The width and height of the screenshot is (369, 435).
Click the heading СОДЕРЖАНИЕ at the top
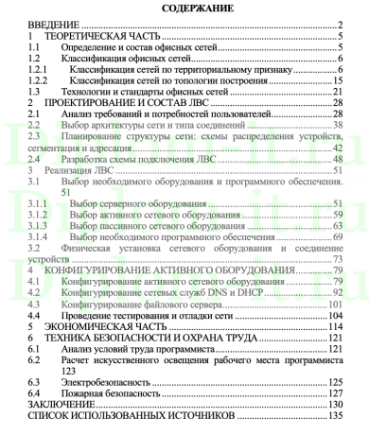(x=185, y=9)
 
